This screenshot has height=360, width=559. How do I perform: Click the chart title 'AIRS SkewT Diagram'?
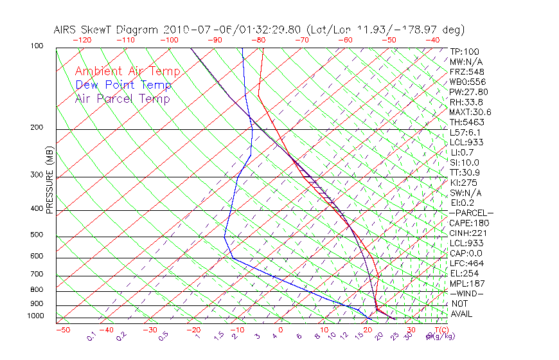tap(107, 30)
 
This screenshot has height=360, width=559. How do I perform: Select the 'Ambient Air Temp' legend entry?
tap(127, 71)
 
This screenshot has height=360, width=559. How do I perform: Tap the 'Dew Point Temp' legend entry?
tap(123, 85)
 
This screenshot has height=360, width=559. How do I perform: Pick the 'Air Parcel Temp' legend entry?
tap(122, 98)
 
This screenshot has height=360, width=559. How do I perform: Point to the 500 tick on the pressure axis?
tap(37, 235)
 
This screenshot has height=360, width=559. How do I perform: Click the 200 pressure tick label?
tap(37, 127)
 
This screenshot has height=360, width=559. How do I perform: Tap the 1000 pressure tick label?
tap(35, 316)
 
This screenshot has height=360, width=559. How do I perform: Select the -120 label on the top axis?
tap(82, 40)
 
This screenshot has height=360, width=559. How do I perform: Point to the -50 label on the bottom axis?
tap(62, 330)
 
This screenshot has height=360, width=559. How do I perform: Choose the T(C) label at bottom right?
tap(441, 330)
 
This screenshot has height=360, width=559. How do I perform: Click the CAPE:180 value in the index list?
tap(466, 223)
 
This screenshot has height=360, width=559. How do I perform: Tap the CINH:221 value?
tap(466, 233)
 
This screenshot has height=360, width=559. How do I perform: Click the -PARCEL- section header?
tap(471, 213)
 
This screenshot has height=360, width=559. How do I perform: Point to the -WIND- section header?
tap(467, 293)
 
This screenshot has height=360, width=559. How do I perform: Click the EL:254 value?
tap(462, 273)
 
